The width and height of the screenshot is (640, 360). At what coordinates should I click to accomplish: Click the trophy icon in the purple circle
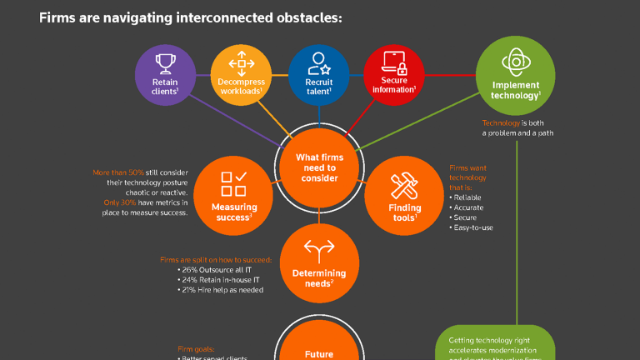[x=165, y=62]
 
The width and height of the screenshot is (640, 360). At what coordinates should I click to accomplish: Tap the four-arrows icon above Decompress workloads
[x=242, y=62]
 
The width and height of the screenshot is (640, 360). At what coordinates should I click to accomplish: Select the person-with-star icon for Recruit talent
[x=318, y=62]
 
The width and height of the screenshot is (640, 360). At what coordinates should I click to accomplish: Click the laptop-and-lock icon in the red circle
[x=394, y=62]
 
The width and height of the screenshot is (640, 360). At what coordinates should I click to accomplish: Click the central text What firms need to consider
[x=319, y=167]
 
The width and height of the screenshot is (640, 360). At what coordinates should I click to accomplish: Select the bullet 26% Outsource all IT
[x=216, y=269]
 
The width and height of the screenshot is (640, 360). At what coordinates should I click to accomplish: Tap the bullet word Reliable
[x=470, y=197]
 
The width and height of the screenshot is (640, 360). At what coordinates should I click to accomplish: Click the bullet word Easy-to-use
[x=473, y=227]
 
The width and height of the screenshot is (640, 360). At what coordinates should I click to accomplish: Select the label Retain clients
[x=165, y=87]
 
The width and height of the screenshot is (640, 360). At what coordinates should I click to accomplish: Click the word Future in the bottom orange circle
[x=319, y=354]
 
